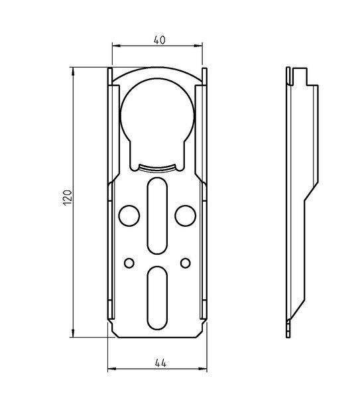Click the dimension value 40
pyautogui.click(x=160, y=40)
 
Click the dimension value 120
pyautogui.click(x=68, y=198)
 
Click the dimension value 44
pyautogui.click(x=161, y=363)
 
